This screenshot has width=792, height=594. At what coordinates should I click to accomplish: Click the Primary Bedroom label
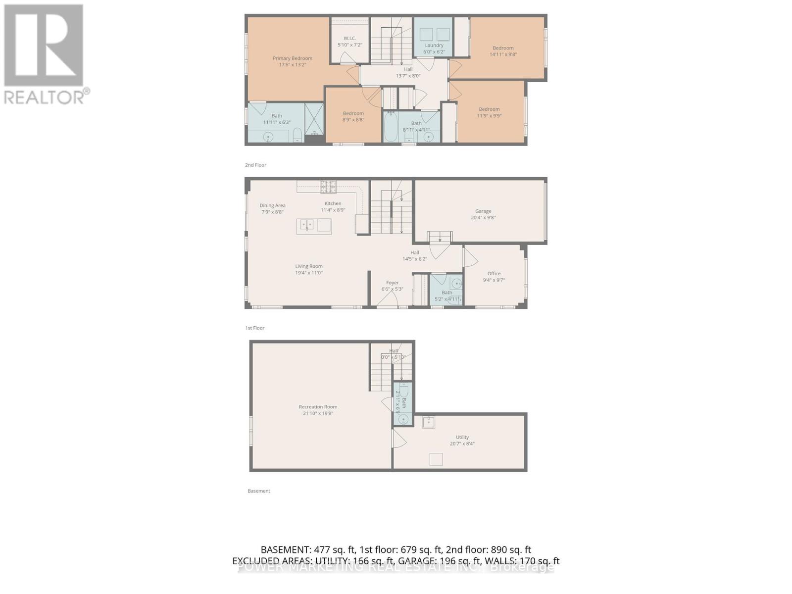[x=293, y=58]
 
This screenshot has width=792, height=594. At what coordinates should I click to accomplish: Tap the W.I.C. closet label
[x=350, y=38]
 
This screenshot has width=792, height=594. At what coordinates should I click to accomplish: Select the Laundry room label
[x=434, y=45]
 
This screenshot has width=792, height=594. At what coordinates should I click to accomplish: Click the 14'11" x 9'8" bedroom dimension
[x=503, y=54]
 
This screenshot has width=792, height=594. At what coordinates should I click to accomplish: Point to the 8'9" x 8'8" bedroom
[x=353, y=116]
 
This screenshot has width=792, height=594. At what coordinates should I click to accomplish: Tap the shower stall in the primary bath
[x=314, y=119]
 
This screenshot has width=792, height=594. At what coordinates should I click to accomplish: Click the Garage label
[x=483, y=211]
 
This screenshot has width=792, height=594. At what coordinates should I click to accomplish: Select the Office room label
[x=494, y=273]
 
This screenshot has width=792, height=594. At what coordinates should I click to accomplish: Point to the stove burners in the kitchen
[x=328, y=187]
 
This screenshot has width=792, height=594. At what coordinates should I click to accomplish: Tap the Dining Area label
[x=273, y=205]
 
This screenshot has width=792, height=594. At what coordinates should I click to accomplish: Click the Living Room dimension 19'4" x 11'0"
[x=309, y=273]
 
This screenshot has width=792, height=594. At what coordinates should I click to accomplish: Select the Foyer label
[x=392, y=283]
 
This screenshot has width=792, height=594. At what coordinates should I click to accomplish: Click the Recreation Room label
[x=318, y=407]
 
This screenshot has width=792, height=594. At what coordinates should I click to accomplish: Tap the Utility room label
[x=462, y=437]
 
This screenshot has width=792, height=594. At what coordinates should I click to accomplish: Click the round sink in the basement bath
[x=403, y=420]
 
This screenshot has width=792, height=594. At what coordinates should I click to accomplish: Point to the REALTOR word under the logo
[x=45, y=97]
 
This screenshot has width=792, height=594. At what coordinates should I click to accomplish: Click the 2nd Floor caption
[x=255, y=165]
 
